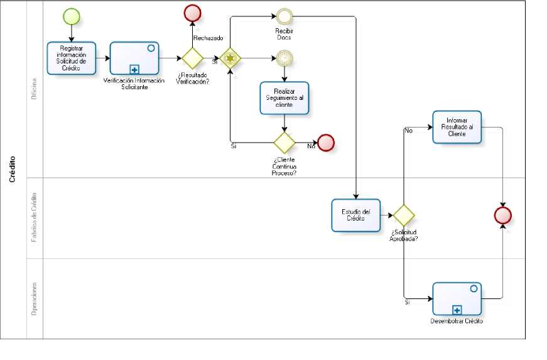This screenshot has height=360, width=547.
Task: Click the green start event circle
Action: pyautogui.click(x=72, y=16)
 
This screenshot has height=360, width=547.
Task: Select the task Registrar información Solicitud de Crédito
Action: pyautogui.click(x=72, y=58)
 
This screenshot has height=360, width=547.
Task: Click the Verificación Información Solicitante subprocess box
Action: pyautogui.click(x=134, y=58)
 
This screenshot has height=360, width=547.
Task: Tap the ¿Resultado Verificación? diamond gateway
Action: pyautogui.click(x=192, y=58)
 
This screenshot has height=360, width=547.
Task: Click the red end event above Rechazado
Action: pyautogui.click(x=192, y=13)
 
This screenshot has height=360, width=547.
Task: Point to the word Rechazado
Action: pyautogui.click(x=208, y=38)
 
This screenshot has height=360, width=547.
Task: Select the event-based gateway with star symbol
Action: pyautogui.click(x=230, y=58)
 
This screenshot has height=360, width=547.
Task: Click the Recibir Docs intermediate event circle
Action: pyautogui.click(x=284, y=16)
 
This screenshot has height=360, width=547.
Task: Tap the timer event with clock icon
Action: pyautogui.click(x=284, y=58)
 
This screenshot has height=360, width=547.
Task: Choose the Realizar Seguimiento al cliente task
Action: pyautogui.click(x=284, y=97)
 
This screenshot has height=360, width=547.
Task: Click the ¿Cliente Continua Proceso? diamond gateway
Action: pyautogui.click(x=284, y=143)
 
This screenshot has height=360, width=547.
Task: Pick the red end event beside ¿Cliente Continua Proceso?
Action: pyautogui.click(x=326, y=143)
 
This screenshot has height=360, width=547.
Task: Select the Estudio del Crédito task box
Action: pyautogui.click(x=356, y=215)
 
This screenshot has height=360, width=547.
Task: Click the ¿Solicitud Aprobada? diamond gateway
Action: pyautogui.click(x=403, y=215)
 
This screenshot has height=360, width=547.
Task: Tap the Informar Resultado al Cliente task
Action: pyautogui.click(x=457, y=127)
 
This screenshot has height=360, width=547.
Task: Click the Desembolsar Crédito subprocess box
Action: pyautogui.click(x=457, y=298)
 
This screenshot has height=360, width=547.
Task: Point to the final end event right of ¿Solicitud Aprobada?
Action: pyautogui.click(x=503, y=215)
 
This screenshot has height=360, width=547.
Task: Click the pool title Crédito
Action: pyautogui.click(x=13, y=170)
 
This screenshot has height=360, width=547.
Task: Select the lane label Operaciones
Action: pyautogui.click(x=35, y=298)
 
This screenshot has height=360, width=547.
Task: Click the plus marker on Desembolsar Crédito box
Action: pyautogui.click(x=457, y=310)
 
